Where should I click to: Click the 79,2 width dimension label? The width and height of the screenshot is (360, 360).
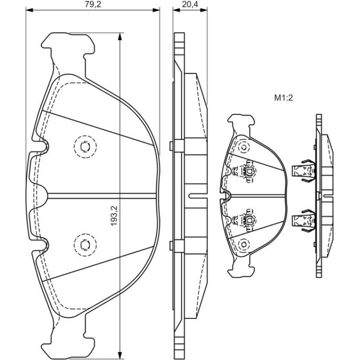point(93,4)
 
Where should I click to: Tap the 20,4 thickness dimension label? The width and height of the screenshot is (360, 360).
point(190,4)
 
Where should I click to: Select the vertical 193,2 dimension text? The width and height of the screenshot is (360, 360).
point(114,216)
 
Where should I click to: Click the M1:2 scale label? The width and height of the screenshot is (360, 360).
point(283,98)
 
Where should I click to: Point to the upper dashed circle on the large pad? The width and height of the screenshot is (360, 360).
point(85,146)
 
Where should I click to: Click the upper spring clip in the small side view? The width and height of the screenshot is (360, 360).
point(303,171)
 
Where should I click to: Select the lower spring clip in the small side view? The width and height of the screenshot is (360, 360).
point(303,220)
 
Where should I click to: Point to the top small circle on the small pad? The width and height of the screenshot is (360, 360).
point(244,147)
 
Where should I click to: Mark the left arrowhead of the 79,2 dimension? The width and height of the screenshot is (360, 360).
point(29,10)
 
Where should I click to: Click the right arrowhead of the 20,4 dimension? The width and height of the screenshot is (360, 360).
point(204,10)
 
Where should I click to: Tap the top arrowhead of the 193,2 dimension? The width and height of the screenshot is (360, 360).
point(119,36)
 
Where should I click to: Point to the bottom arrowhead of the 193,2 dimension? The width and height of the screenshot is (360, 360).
point(119,355)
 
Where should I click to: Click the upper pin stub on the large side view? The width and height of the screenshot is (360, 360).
point(171,146)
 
